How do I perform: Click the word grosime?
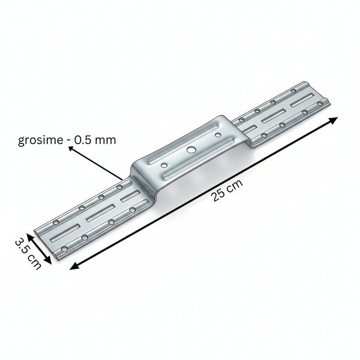(x=40, y=140)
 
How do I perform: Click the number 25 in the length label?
(x=218, y=195)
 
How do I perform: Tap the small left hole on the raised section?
(x=164, y=166)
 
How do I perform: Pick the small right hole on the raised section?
(x=218, y=136)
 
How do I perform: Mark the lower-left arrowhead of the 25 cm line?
(x=73, y=266)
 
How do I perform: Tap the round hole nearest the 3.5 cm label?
(x=64, y=249)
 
